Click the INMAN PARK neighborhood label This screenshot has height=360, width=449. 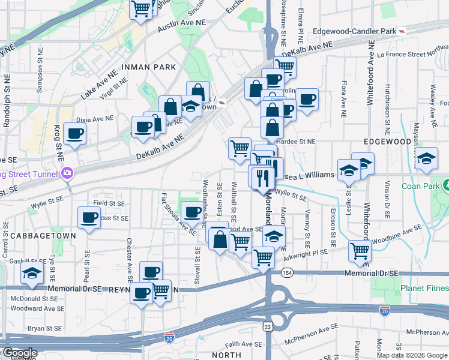click(x=149, y=67)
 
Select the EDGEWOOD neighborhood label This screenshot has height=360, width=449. click(x=387, y=141)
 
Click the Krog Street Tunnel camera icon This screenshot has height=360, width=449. click(x=66, y=174)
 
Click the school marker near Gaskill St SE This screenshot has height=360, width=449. click(x=32, y=274)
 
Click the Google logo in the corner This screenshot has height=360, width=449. click(x=19, y=353)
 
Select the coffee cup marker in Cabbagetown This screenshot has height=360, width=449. click(x=89, y=218)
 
